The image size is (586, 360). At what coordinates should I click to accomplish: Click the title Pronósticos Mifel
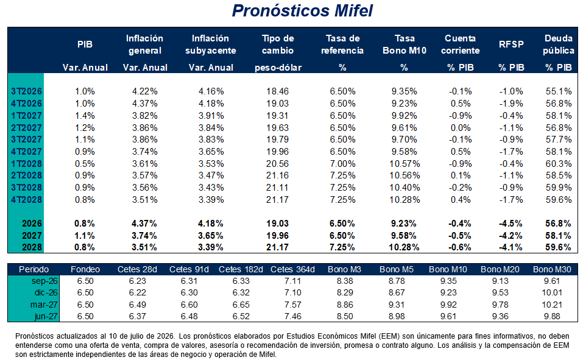point(302,10)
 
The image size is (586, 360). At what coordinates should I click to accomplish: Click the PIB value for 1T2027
point(85,116)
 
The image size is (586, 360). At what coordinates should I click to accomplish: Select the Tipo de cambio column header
point(278,44)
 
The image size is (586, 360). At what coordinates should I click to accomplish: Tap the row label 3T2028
point(26,188)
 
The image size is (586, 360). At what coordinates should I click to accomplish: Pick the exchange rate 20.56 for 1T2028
point(277,164)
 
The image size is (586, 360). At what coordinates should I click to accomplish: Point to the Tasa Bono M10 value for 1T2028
point(404,164)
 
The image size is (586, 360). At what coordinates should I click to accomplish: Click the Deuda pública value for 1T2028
point(559,164)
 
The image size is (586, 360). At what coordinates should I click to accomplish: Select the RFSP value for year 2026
point(510,224)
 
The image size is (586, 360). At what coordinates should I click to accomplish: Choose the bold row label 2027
point(32,236)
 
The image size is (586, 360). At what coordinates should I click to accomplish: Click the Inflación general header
point(144,44)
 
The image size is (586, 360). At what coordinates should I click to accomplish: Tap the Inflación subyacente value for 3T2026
point(211,91)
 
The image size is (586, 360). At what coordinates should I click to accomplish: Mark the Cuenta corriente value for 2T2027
point(461,128)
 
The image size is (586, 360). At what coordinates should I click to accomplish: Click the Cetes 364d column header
point(292,269)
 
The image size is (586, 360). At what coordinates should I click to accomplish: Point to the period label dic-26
point(46,293)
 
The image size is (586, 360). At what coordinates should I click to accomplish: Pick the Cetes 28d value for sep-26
point(138,281)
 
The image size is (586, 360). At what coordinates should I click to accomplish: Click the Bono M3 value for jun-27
point(345,316)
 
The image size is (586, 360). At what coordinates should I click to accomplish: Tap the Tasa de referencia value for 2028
point(342,247)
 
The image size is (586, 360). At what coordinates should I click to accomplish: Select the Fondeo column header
point(85,269)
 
